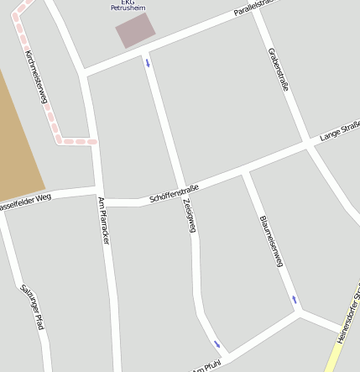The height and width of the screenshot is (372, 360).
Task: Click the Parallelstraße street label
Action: [256, 10]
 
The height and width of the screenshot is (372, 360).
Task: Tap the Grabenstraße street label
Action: [279, 71]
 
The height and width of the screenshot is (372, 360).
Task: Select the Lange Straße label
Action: [339, 132]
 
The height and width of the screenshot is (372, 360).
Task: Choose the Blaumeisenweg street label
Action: [270, 240]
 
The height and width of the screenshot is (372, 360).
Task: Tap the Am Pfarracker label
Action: [104, 220]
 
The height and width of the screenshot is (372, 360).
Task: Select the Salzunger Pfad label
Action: [32, 307]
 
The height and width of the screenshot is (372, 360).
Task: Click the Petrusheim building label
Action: [128, 6]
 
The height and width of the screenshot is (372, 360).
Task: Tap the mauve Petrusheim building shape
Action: [135, 30]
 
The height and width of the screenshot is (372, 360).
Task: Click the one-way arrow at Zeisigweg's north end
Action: [149, 62]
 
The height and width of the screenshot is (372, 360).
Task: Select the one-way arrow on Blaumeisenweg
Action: [295, 300]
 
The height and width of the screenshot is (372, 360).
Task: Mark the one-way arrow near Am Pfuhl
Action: [217, 343]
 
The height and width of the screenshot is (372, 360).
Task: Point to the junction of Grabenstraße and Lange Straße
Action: [308, 146]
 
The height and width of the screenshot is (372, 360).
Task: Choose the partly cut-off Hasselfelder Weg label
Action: [25, 202]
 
